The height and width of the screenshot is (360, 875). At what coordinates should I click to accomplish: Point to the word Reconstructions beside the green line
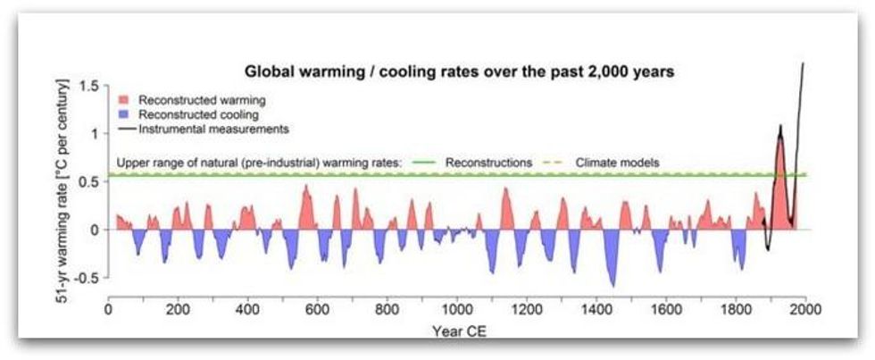point(487,163)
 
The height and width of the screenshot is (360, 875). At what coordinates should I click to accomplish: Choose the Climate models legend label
point(616,163)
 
